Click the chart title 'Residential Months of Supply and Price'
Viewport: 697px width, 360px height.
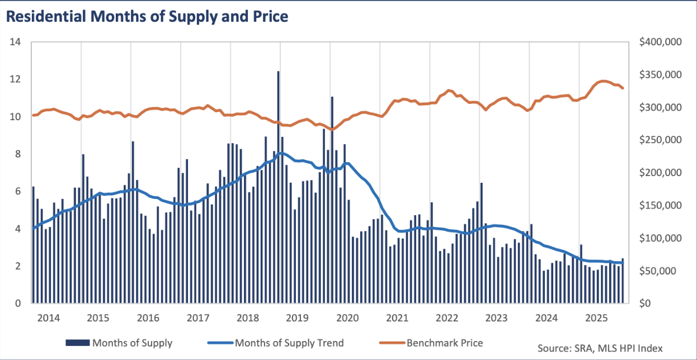(x=147, y=17)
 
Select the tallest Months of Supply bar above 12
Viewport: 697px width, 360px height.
(x=278, y=187)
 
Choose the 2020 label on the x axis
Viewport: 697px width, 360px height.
(x=347, y=318)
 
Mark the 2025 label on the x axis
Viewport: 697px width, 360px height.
(x=596, y=318)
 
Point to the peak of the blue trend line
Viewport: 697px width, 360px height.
(x=280, y=153)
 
